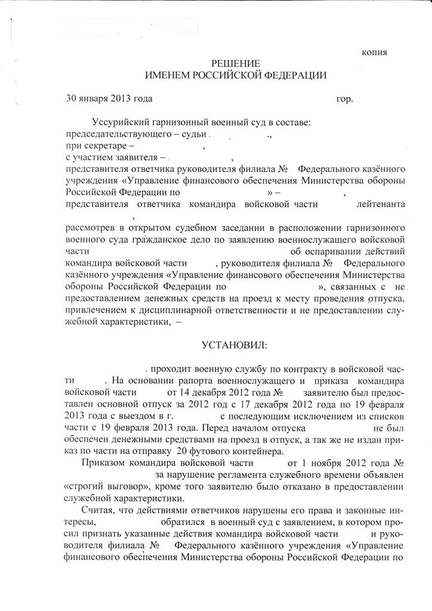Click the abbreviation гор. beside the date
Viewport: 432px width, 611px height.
(x=345, y=99)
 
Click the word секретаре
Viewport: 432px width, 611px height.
(x=106, y=146)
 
